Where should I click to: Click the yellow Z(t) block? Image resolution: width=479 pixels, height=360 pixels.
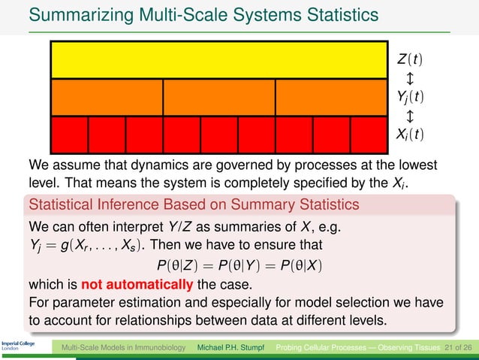[219, 59]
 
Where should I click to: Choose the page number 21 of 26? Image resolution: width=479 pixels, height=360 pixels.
[457, 348]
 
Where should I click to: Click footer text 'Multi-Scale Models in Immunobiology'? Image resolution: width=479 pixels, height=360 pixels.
[124, 348]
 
